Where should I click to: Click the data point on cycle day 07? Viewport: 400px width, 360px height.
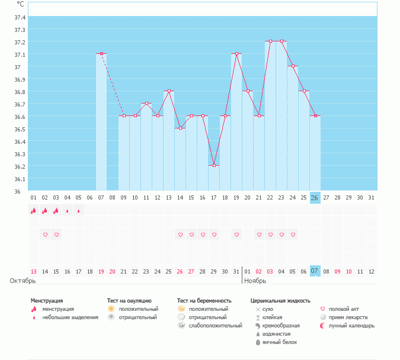tap(101, 54)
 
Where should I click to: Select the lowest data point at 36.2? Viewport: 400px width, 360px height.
tap(214, 165)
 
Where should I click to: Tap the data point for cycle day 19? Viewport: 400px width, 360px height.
tap(236, 54)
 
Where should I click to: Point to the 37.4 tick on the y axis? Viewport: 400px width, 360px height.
tap(20, 17)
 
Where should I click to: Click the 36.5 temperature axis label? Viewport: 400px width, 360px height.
tap(20, 128)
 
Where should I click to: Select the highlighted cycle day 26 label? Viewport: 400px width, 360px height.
tap(315, 197)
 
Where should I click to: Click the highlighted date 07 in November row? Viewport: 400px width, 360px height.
tap(315, 271)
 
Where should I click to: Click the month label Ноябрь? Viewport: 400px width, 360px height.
tap(255, 281)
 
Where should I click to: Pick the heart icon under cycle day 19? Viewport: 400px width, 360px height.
tap(236, 235)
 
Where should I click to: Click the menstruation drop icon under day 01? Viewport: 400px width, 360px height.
tap(34, 210)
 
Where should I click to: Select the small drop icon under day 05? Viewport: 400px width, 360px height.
tap(79, 210)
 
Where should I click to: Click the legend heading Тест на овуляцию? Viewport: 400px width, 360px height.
tap(129, 301)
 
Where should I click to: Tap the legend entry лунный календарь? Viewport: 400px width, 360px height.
tap(345, 326)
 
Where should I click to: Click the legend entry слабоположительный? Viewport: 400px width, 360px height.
tap(215, 326)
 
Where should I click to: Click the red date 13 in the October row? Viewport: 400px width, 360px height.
tap(34, 271)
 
